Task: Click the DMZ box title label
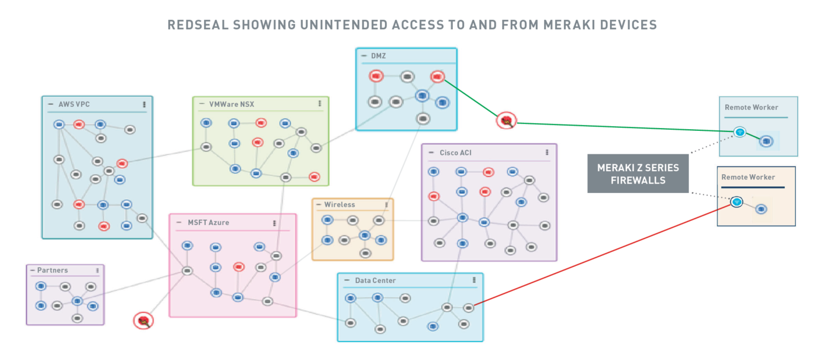[379, 56]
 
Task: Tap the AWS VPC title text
[74, 104]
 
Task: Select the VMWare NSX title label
[232, 104]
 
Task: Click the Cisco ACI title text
[456, 153]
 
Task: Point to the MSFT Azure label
[208, 223]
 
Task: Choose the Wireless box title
[340, 205]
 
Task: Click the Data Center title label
[375, 281]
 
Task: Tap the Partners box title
[53, 271]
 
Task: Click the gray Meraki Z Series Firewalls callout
[638, 174]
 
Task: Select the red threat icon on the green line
[507, 121]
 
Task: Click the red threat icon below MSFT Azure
[143, 320]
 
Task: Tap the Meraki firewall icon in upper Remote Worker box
[739, 131]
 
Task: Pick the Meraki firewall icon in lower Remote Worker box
[736, 202]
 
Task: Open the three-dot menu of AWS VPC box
[144, 104]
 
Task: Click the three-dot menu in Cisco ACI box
[547, 152]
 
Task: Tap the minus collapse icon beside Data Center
[347, 281]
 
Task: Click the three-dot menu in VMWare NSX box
[320, 103]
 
